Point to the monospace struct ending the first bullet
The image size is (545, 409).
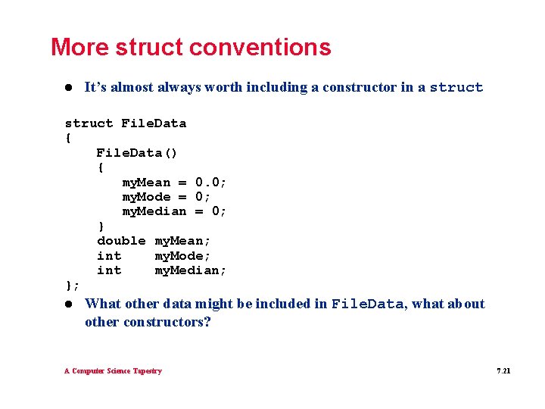coord(456,88)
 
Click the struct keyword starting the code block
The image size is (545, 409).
coord(89,123)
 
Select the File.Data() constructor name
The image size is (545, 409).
coord(137,153)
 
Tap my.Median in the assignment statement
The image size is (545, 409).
coord(154,211)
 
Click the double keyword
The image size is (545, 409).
coord(121,241)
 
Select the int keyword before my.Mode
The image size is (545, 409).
coord(109,256)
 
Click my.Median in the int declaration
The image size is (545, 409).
coord(190,270)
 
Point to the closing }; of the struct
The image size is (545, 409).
coord(72,285)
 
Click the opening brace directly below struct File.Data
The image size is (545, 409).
coord(69,138)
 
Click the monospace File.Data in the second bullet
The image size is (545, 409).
coord(367,304)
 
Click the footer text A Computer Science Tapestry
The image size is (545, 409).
coord(113,371)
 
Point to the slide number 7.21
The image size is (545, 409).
coord(503,371)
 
